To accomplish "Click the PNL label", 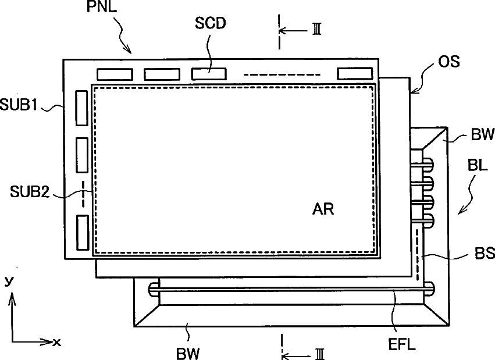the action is [102, 6].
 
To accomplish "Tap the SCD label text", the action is [210, 23].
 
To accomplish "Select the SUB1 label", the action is [19, 104].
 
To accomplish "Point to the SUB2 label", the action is [30, 191].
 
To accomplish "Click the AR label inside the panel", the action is [323, 209].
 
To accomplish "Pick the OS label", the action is [449, 61].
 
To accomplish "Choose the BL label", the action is [478, 165].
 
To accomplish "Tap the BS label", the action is [485, 253].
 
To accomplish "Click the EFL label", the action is [401, 344].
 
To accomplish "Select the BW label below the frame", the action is [188, 354].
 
